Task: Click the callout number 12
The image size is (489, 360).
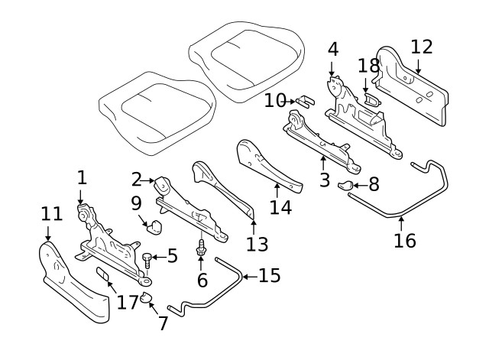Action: [x=421, y=47]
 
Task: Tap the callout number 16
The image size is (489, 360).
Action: [x=404, y=240]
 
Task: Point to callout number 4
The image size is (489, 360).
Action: [x=332, y=50]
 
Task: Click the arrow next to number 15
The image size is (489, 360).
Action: [x=248, y=276]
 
